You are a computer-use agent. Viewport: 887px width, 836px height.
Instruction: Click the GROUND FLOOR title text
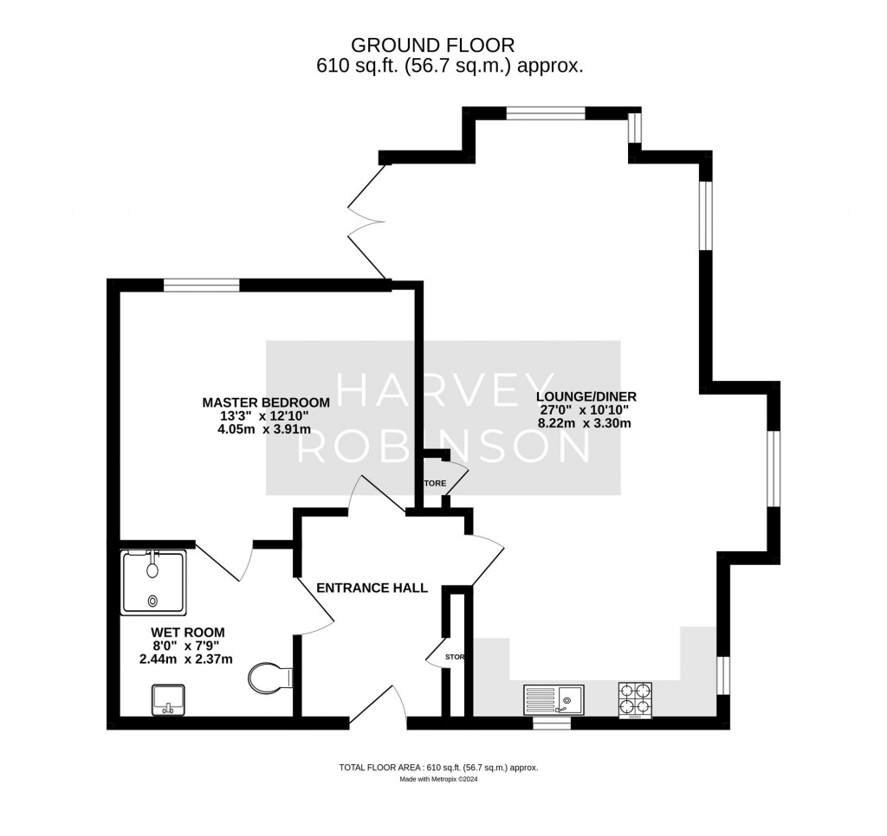tap(443, 44)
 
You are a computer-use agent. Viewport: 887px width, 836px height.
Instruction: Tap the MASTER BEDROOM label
tap(266, 402)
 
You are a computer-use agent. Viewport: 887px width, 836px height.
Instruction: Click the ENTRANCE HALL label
tap(372, 588)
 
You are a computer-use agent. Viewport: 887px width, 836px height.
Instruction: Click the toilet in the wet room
tap(269, 678)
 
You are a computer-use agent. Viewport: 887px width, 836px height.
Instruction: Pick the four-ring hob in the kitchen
tap(635, 699)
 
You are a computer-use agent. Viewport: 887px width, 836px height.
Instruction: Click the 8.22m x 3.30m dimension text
tap(586, 423)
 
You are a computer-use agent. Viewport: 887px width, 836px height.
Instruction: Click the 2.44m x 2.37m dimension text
tap(186, 659)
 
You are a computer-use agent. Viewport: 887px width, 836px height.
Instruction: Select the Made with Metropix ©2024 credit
tap(438, 779)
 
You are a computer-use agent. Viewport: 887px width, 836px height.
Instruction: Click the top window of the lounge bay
tap(546, 113)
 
